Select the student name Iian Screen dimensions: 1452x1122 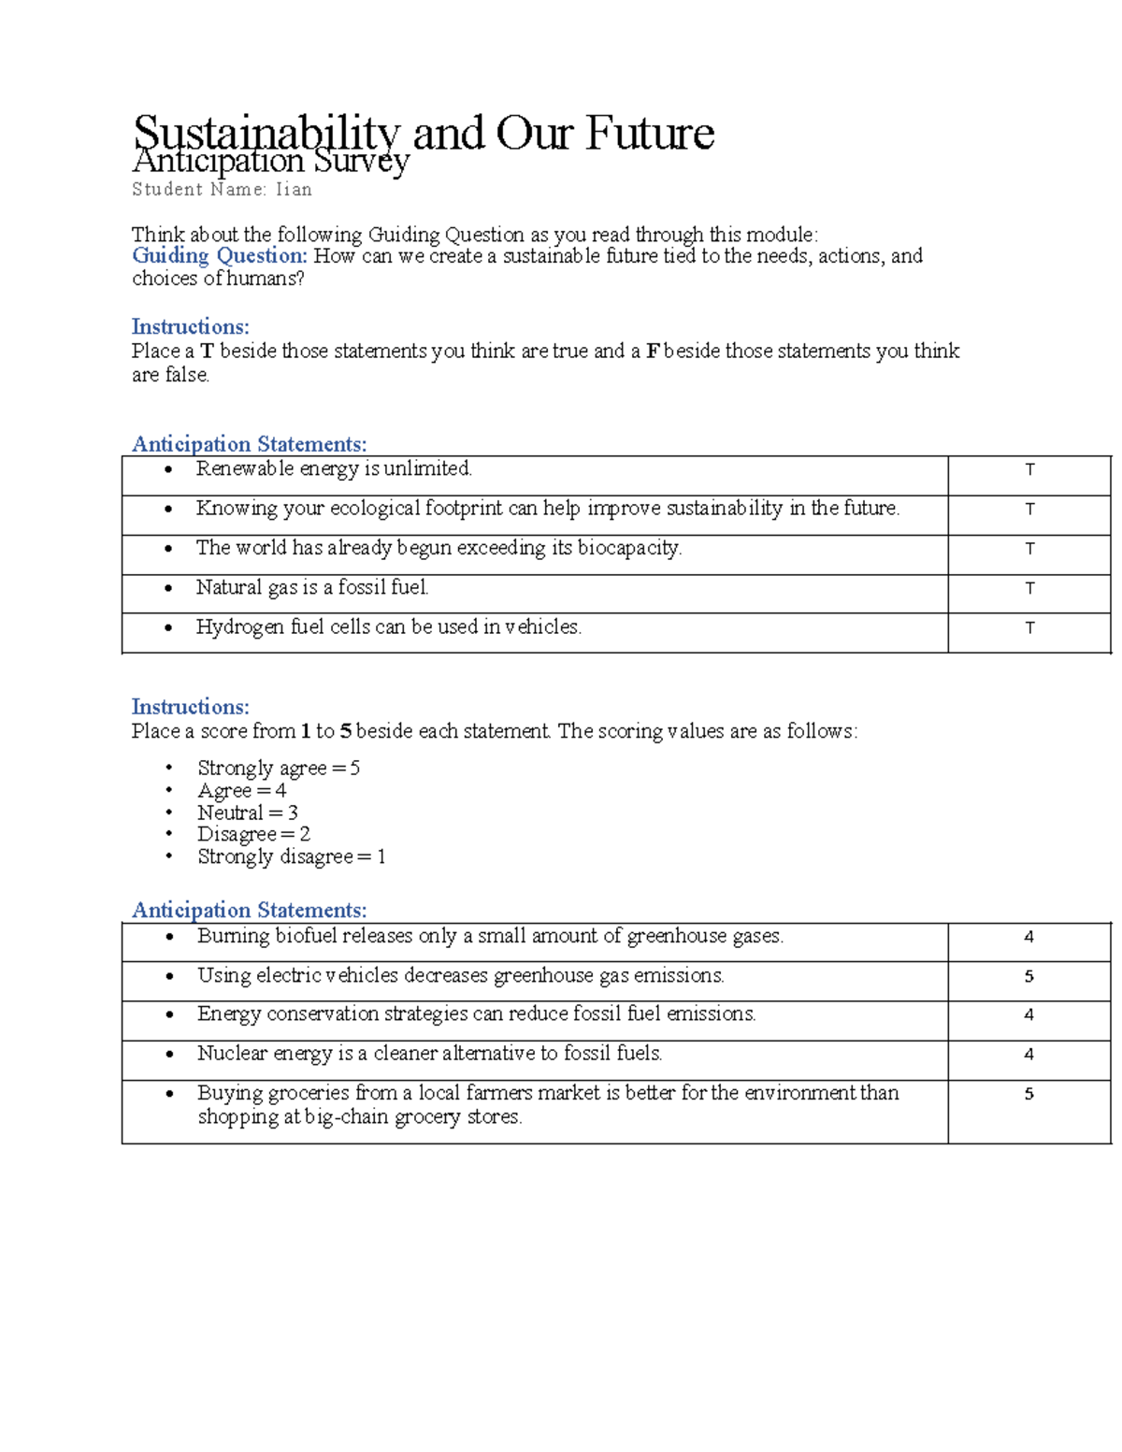click(294, 190)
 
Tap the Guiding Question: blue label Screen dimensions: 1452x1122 click(219, 256)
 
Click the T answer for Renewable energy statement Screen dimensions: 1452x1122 click(1029, 469)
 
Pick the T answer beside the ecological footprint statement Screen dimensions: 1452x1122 click(1029, 510)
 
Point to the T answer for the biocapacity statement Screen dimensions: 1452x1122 click(1029, 549)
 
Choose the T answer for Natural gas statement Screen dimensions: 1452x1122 click(1029, 588)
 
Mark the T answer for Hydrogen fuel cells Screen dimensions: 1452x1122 click(1029, 628)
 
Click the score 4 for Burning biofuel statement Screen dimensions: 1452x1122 click(1028, 937)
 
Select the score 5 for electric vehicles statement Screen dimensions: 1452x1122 click(1028, 976)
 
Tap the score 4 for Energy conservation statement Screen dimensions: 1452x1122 click(1028, 1014)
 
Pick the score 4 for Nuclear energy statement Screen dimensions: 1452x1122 click(1028, 1055)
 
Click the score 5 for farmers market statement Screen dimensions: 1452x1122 click(1028, 1094)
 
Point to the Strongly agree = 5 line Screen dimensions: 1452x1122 click(278, 769)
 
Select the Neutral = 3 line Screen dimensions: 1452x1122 click(247, 812)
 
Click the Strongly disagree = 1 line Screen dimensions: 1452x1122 click(291, 856)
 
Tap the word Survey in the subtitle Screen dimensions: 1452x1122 click(362, 163)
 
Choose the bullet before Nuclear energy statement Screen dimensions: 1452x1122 click(169, 1054)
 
